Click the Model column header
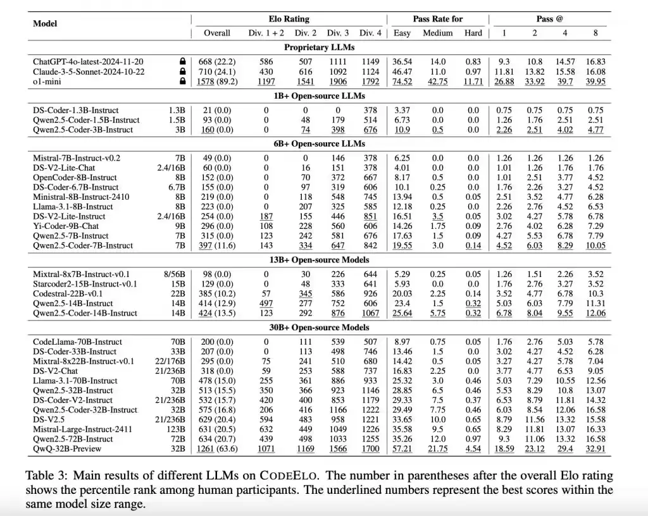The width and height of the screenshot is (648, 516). [45, 23]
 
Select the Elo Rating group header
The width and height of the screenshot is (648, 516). [289, 19]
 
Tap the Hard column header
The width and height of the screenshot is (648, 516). [473, 33]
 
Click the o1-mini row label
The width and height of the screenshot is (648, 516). [48, 82]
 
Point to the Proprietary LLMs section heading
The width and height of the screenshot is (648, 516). [319, 47]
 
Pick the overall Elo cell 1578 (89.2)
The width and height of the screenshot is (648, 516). [217, 82]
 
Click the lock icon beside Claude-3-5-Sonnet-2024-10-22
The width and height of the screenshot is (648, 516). [183, 71]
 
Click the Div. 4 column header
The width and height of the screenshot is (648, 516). [370, 33]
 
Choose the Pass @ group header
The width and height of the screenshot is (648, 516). [549, 19]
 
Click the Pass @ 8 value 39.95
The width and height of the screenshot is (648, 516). [595, 82]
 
